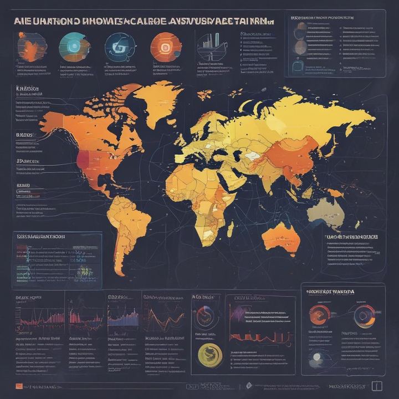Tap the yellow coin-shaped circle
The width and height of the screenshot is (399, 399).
coord(208,353)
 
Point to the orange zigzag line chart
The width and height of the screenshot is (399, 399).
coord(164,319)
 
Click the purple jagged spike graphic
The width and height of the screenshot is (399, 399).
coord(239,315)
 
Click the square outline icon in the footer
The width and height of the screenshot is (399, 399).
coord(377,386)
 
